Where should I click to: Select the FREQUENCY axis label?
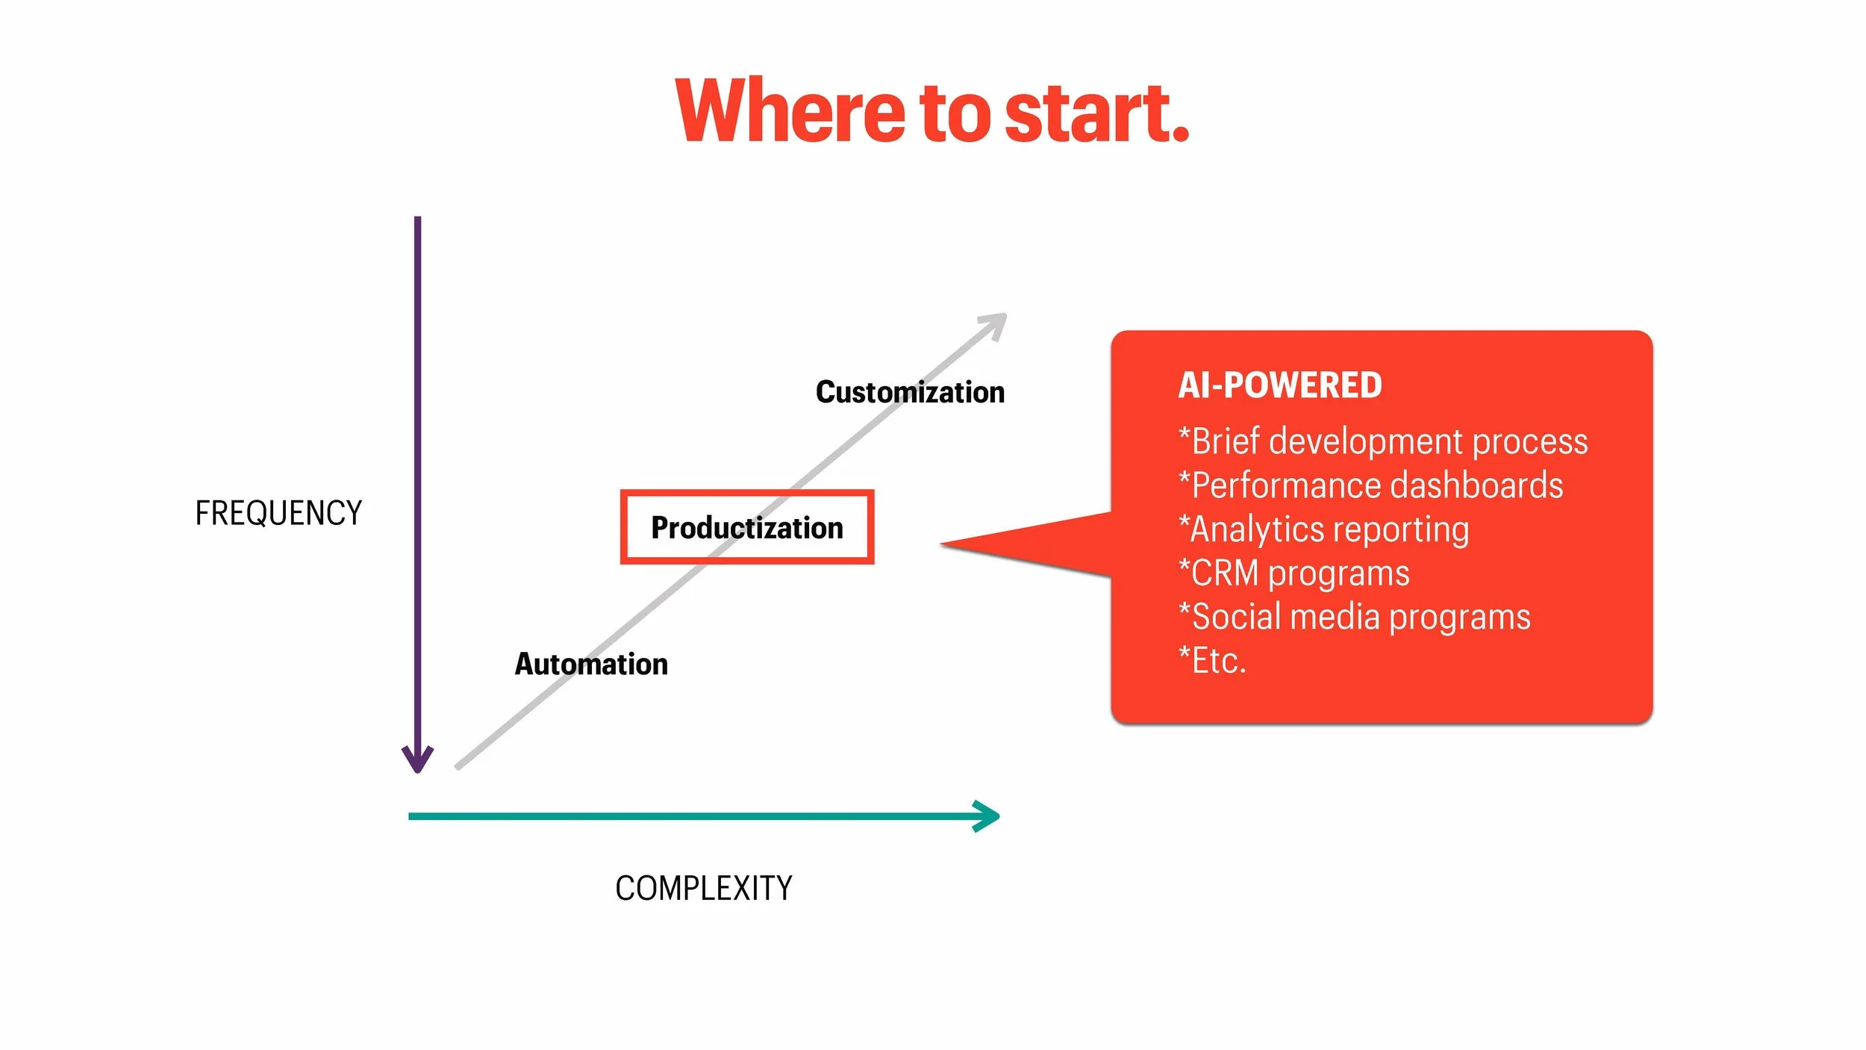[278, 514]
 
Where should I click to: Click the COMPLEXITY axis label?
[703, 889]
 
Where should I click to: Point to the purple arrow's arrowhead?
[417, 760]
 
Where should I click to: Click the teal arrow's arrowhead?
[989, 816]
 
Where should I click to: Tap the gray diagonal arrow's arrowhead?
[996, 323]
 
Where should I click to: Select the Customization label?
[910, 393]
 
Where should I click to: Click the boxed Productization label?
[747, 528]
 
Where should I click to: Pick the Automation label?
[591, 665]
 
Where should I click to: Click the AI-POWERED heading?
[1279, 386]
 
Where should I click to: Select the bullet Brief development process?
[1382, 441]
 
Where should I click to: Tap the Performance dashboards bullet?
[1370, 485]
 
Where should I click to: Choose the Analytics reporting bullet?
[1323, 529]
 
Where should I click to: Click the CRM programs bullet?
[1294, 574]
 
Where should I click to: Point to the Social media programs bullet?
[1354, 618]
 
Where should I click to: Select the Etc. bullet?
[1212, 661]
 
